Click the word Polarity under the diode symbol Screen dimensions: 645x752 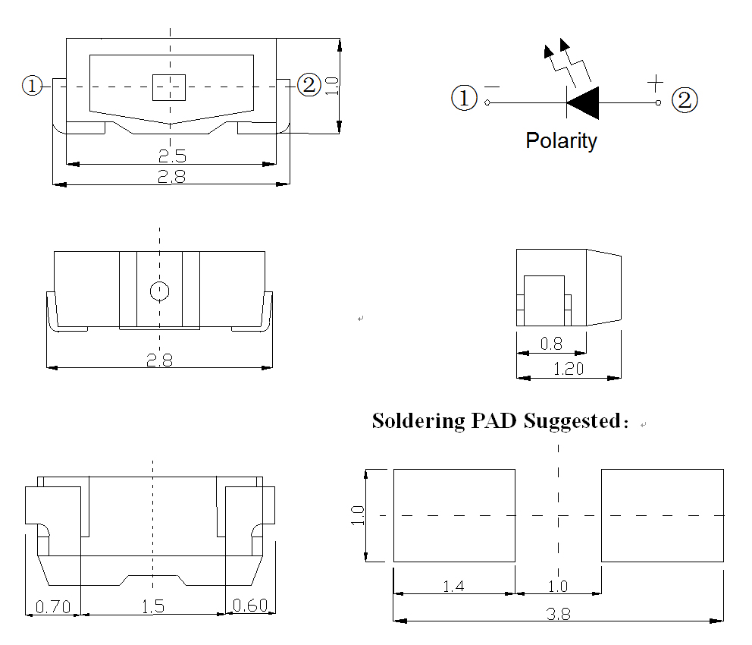(561, 140)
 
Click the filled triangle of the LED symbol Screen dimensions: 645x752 (584, 102)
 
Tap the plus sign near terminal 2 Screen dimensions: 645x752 (656, 80)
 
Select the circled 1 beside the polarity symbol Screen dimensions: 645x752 (464, 98)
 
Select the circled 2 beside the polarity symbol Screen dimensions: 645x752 (685, 100)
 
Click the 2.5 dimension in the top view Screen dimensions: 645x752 (172, 156)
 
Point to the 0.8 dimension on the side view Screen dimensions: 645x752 (551, 344)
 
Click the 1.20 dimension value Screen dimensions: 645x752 (569, 369)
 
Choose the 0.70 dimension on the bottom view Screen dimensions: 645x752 (52, 606)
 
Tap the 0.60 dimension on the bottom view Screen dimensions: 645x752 (249, 605)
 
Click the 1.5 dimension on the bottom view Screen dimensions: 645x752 (153, 606)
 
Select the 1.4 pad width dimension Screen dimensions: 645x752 (453, 586)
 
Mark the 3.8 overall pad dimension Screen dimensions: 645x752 (559, 614)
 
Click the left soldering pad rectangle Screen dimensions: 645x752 (454, 515)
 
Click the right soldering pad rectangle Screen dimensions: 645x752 (662, 515)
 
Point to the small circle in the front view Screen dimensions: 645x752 (159, 291)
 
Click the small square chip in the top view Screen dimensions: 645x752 (169, 87)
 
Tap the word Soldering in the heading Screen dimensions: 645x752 (418, 420)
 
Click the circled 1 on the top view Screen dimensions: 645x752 (32, 86)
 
